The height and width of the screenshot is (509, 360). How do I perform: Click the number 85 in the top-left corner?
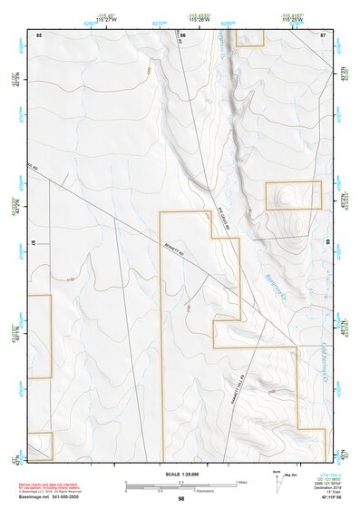point(39,34)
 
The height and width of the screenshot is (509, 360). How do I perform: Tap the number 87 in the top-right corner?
point(324,34)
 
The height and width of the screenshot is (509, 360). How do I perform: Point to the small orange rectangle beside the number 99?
point(293,195)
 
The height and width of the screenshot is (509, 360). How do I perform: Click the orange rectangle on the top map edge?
point(247,36)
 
